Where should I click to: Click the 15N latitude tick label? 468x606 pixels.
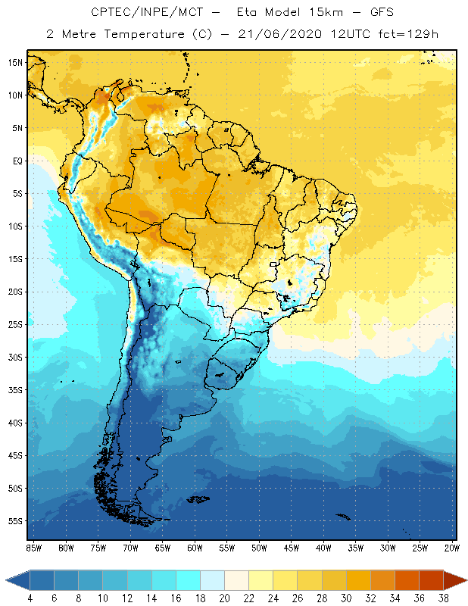coord(15,62)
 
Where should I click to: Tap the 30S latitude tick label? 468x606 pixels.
coord(15,357)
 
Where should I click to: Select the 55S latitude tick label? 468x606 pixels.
coord(15,521)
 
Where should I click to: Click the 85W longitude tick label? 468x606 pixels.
coord(33,547)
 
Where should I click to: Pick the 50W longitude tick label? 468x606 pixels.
coord(260,547)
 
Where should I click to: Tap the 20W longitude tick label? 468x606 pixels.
coord(452,547)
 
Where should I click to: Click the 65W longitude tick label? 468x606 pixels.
coord(162,547)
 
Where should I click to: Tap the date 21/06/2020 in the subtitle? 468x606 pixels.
coord(278,34)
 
